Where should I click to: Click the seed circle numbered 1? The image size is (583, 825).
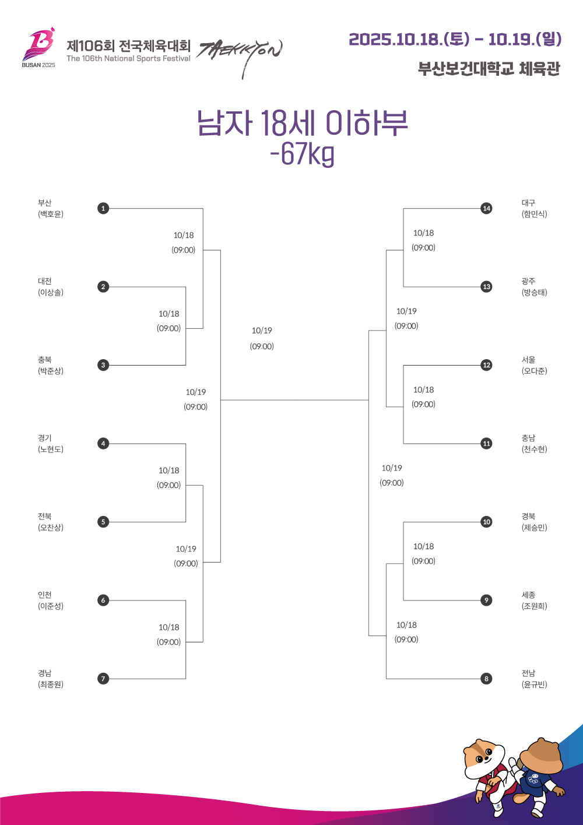tap(103, 208)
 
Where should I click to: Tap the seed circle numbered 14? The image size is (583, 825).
tap(486, 208)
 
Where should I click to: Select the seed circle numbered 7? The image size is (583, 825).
tap(103, 679)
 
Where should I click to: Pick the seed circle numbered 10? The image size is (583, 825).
tap(486, 522)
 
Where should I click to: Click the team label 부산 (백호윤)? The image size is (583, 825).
tap(50, 208)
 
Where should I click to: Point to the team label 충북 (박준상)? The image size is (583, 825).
tap(50, 365)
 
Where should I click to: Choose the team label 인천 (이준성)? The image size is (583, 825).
tap(50, 600)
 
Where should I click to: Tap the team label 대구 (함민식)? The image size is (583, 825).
tap(534, 208)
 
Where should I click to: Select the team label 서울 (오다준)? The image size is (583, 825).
tap(534, 365)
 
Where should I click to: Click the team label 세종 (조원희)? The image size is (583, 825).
tap(534, 600)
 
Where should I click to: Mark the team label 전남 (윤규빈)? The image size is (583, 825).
tap(534, 679)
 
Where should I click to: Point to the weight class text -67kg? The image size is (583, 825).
tap(302, 154)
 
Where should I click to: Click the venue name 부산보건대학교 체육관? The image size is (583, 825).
tap(489, 69)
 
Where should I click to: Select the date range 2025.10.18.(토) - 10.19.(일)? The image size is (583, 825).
tap(455, 39)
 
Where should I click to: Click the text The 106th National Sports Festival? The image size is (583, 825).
tap(128, 58)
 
